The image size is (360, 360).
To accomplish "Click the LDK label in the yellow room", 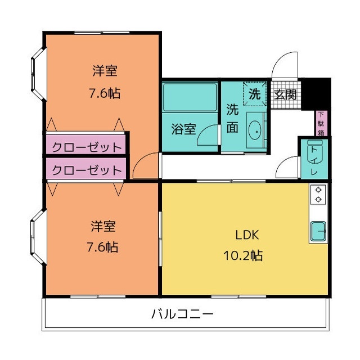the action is tap(247, 235).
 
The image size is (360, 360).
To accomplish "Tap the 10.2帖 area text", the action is tap(243, 255).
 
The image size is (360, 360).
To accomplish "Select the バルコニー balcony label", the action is tap(182, 314).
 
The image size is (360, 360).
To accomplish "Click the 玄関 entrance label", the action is tap(285, 94).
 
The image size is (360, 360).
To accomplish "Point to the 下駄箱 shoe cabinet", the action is tap(321, 123).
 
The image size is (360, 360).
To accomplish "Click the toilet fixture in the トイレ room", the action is tap(314, 152).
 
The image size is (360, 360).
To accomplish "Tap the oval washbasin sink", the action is tap(255, 130).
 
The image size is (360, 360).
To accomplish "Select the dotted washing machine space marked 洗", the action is tap(255, 94).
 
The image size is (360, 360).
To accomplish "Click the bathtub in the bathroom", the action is tap(190, 97).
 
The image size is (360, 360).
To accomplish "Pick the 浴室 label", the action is tap(184, 129).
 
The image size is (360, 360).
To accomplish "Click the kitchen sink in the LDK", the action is tap(318, 231).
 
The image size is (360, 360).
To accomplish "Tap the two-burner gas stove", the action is tap(318, 195).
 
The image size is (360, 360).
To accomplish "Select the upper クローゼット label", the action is tap(87, 147).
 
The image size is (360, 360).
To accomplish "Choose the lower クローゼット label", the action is tap(87, 170).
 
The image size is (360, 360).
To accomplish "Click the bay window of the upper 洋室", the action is tap(39, 74).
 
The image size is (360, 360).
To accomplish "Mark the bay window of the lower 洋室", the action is tap(38, 237).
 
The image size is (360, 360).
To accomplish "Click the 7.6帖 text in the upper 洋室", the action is tap(105, 93).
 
